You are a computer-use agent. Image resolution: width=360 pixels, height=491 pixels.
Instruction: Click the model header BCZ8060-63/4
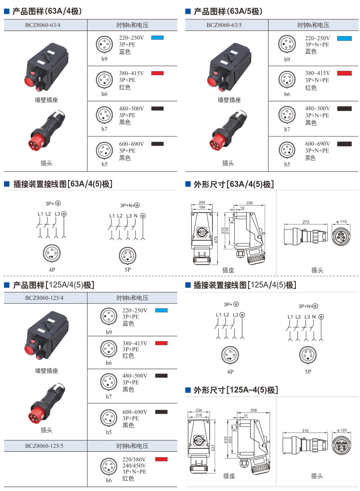(x=43, y=25)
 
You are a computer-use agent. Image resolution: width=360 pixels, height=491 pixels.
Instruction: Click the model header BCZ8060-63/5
(x=224, y=25)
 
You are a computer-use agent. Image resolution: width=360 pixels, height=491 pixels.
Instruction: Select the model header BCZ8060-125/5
(x=44, y=446)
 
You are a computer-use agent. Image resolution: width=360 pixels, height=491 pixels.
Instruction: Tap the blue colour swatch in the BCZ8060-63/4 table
(x=157, y=38)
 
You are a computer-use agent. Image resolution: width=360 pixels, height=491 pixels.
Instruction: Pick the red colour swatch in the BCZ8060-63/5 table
(x=344, y=73)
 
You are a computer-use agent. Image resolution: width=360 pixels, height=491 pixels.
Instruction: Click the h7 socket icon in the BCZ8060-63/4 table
(x=104, y=115)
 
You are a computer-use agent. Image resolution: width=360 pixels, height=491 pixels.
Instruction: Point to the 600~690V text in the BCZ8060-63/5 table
(x=317, y=144)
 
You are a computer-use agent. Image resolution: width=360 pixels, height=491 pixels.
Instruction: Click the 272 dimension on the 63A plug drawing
(x=306, y=222)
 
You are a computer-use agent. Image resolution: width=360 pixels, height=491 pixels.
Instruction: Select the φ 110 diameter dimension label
(x=341, y=221)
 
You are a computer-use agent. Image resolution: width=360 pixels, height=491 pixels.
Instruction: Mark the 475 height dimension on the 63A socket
(x=216, y=240)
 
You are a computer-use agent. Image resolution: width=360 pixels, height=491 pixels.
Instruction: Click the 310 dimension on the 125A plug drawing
(x=305, y=430)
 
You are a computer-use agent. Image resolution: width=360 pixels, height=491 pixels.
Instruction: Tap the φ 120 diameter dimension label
(x=342, y=430)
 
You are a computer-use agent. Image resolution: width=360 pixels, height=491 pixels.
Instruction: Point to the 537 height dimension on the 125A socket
(x=213, y=447)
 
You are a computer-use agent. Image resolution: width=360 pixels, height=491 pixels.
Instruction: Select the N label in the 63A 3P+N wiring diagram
(x=136, y=216)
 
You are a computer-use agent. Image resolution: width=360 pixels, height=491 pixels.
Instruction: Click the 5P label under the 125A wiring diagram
(x=308, y=371)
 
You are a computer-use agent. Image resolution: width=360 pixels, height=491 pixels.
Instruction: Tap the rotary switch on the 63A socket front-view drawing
(x=201, y=232)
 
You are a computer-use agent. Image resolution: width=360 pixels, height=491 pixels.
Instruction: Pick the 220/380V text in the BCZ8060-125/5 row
(x=134, y=459)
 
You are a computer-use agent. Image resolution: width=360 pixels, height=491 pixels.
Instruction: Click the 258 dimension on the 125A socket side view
(x=253, y=410)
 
